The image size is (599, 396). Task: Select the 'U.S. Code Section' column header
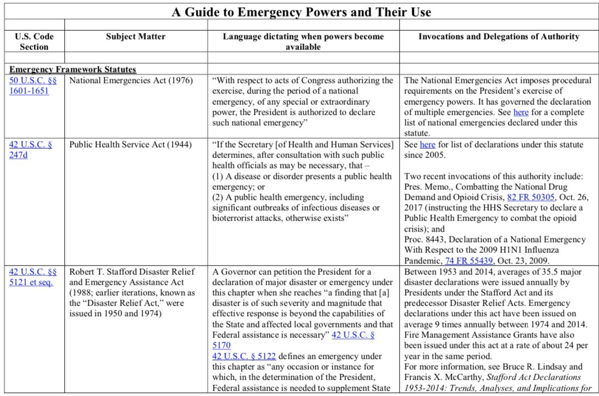[x=33, y=42]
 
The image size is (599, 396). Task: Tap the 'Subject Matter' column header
[x=136, y=37]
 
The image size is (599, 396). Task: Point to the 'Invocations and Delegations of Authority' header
[x=499, y=37]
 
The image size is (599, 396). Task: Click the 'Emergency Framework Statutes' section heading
[x=73, y=70]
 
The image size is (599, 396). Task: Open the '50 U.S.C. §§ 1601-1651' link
[x=32, y=86]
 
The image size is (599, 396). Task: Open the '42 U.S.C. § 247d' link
[x=31, y=150]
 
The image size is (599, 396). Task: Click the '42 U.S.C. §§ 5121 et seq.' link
[x=32, y=277]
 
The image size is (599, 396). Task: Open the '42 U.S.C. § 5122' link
[x=244, y=356]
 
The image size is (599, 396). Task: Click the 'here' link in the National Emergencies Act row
[x=520, y=112]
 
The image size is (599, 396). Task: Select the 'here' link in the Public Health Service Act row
[x=427, y=145]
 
